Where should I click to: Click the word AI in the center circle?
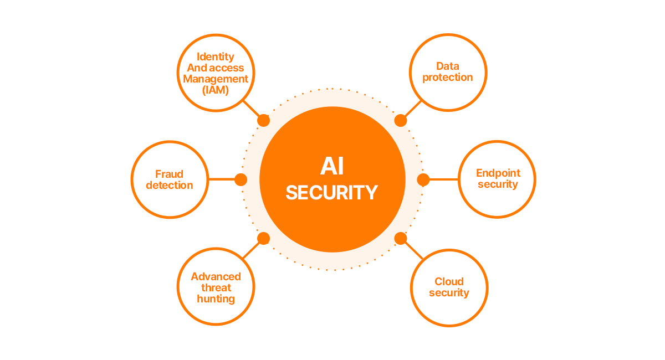[331, 166]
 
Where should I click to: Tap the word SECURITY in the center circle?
[331, 192]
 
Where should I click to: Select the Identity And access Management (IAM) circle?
[216, 73]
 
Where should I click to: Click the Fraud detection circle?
[170, 179]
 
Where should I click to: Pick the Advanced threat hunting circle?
[216, 287]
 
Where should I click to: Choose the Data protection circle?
[448, 72]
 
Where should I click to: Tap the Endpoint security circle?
[497, 179]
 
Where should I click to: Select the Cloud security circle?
[449, 287]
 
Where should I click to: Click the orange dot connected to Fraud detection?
[241, 179]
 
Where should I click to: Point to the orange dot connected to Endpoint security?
[423, 179]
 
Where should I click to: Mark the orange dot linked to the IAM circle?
[264, 120]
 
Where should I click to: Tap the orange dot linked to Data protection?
[400, 120]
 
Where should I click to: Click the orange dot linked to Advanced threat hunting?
[264, 239]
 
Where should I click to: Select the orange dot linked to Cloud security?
[400, 239]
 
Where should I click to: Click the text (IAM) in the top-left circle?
[216, 89]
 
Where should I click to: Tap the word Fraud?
[169, 174]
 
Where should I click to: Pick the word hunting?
[216, 299]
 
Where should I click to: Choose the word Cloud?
[449, 281]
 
